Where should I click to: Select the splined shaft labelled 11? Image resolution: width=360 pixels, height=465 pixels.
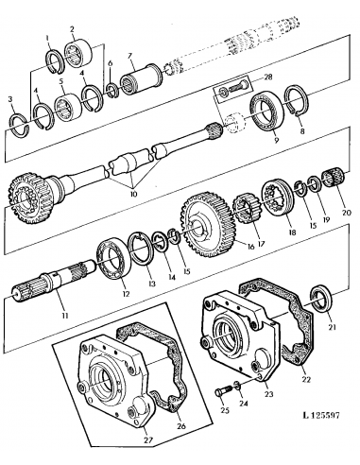[x=52, y=284]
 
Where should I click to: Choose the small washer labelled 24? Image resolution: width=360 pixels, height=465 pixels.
[x=236, y=387]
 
